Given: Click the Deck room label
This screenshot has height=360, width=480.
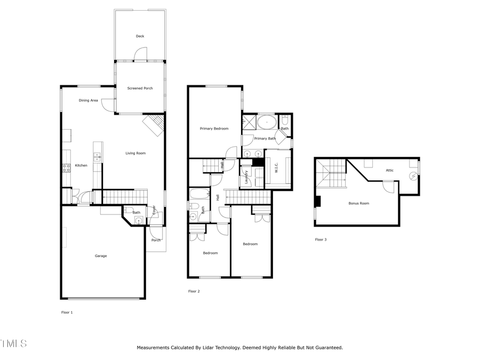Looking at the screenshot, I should point(140,36).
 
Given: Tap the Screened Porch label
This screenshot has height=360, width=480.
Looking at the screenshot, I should point(140,88).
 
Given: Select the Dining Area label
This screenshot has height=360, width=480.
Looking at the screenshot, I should point(88,100).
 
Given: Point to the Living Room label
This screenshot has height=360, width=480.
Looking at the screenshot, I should point(135,153).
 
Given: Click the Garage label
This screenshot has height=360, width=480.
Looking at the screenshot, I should point(101,256).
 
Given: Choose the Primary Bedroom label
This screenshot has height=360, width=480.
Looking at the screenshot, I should point(214,129).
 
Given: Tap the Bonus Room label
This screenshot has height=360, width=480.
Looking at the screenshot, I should point(358,203).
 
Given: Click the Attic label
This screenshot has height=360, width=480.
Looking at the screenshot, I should point(390,170).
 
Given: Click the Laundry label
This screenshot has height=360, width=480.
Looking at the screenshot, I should point(246,177).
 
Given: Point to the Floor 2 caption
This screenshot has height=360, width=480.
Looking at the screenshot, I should point(194,291).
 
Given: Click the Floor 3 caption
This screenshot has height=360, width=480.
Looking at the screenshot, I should point(321,239).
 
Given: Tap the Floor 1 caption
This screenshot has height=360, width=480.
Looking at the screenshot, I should point(67,312).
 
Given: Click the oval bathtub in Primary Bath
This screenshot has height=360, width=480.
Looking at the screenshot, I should point(267,122).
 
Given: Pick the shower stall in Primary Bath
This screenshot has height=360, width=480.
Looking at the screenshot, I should point(249,122).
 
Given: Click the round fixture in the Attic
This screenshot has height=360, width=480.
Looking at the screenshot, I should point(412,176).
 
